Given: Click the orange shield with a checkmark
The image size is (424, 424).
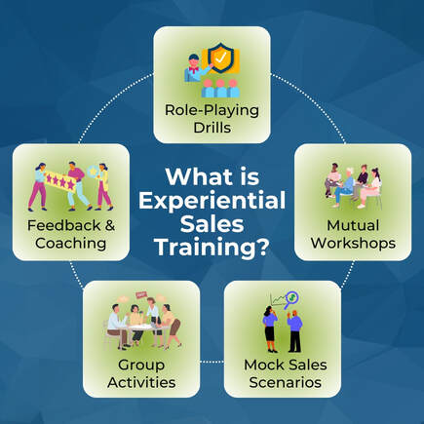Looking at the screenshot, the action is [220, 58].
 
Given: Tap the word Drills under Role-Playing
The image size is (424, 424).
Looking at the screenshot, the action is [212, 128].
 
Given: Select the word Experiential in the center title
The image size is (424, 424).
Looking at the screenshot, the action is [212, 201].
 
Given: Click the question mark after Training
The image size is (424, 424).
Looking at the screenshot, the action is [262, 247].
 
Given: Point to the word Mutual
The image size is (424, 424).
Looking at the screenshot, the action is [353, 225].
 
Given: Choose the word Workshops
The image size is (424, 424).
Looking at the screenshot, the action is [353, 243].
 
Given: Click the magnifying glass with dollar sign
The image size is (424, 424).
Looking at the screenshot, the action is [291, 299].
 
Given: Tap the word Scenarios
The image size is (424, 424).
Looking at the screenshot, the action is [286, 382].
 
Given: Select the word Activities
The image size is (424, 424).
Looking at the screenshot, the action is [141, 382].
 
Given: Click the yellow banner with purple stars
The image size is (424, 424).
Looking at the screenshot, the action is [60, 180].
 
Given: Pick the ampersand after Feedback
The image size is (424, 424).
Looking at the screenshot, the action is [110, 225].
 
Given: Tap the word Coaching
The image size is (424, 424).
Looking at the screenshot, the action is [71, 244].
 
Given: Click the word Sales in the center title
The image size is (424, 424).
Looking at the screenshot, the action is [212, 224].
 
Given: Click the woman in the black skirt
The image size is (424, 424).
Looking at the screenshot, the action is [270, 329].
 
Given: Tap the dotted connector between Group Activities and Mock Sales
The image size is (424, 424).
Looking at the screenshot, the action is [212, 362].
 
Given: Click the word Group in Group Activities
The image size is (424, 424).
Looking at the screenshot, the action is [141, 365].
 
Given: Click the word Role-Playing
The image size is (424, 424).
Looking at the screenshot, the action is [212, 110].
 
